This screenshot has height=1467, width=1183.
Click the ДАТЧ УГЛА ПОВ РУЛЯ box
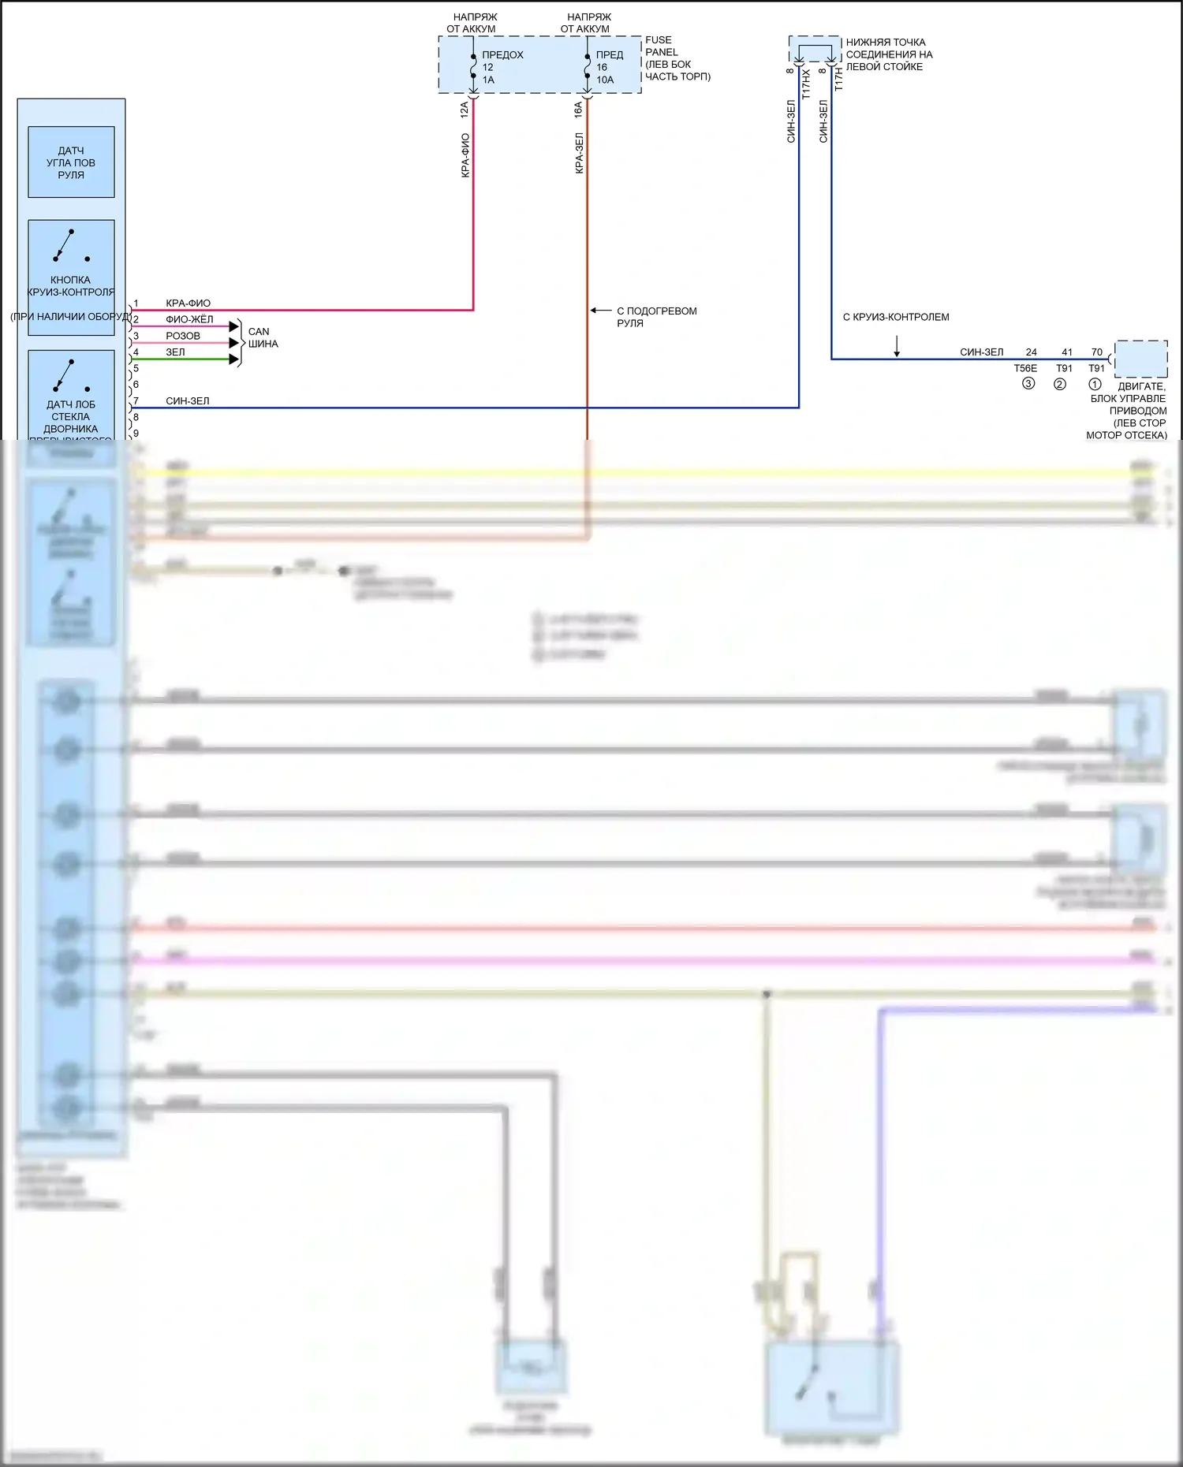(x=71, y=162)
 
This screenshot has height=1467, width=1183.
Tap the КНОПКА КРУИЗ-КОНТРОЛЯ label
(x=71, y=286)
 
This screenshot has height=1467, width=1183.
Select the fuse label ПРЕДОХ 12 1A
(x=502, y=67)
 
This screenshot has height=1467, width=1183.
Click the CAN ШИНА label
(x=263, y=337)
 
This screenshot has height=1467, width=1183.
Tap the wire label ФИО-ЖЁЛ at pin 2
(x=189, y=319)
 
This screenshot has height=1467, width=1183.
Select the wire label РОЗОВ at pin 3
(x=183, y=336)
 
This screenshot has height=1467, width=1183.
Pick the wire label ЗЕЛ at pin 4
(x=175, y=352)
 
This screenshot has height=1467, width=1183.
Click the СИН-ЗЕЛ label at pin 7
(x=188, y=401)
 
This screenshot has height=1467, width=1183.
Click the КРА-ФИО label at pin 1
(x=188, y=303)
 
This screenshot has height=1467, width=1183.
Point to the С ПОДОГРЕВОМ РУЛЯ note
(x=656, y=317)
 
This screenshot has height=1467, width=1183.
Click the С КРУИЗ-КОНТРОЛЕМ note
(x=896, y=317)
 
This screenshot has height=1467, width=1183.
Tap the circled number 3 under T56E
(x=1028, y=384)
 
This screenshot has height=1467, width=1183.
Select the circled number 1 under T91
(x=1095, y=384)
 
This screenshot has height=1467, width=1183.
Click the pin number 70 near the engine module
(x=1097, y=352)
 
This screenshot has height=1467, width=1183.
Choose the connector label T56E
(x=1025, y=368)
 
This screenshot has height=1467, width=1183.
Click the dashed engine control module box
(x=1141, y=359)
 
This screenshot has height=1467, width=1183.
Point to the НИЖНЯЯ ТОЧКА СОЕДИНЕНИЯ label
(x=889, y=54)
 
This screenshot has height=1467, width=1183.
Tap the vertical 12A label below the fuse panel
(x=465, y=109)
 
